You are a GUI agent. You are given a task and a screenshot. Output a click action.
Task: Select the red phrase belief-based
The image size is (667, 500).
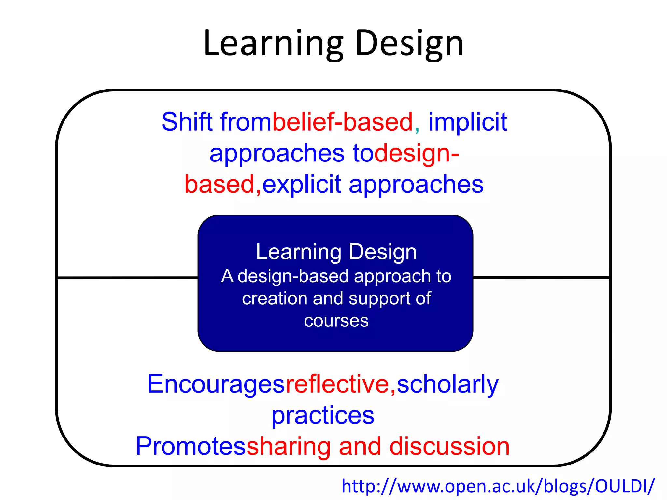[x=343, y=122]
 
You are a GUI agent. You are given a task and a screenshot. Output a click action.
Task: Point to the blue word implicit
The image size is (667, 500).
[x=468, y=122]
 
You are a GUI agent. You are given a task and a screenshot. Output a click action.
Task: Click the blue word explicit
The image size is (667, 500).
[x=302, y=184]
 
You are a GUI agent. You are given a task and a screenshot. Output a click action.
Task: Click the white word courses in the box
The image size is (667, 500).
[x=336, y=321]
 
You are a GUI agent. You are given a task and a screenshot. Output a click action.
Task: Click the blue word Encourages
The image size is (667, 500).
[x=216, y=384]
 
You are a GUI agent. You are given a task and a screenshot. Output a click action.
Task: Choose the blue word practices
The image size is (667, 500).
[x=323, y=416]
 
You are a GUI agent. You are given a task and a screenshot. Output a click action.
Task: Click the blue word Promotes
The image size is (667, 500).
[x=191, y=446]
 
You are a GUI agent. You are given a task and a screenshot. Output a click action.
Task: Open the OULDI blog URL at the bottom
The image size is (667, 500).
[x=498, y=486]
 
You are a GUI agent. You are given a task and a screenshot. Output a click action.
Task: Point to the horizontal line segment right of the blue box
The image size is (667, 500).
[x=541, y=278]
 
